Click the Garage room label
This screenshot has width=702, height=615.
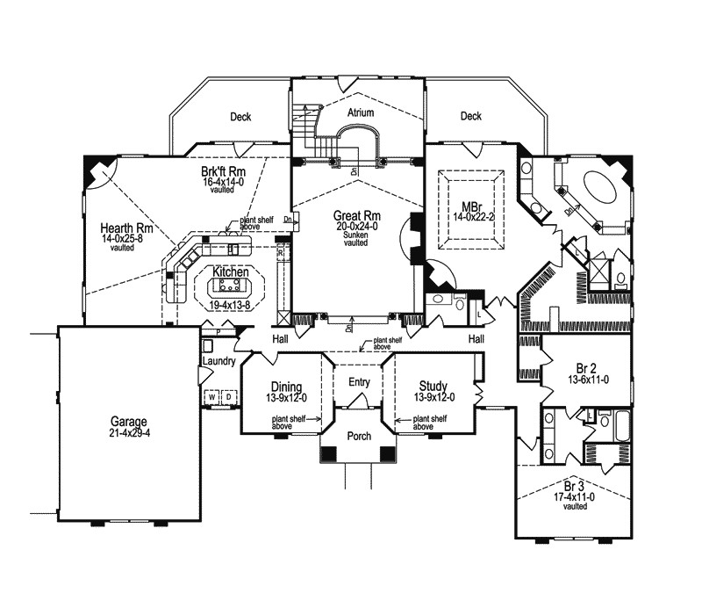coord(129,421)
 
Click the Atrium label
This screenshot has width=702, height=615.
coord(361,113)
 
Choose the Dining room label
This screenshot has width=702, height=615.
coord(287,387)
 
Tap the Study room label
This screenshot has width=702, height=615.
coord(433,387)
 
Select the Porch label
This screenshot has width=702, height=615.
coord(359,436)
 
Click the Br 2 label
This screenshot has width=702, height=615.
coord(575,369)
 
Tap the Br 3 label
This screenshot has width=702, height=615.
coord(575,486)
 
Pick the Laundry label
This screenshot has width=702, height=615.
coord(218,361)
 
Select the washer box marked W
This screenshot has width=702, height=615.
coord(211,397)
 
